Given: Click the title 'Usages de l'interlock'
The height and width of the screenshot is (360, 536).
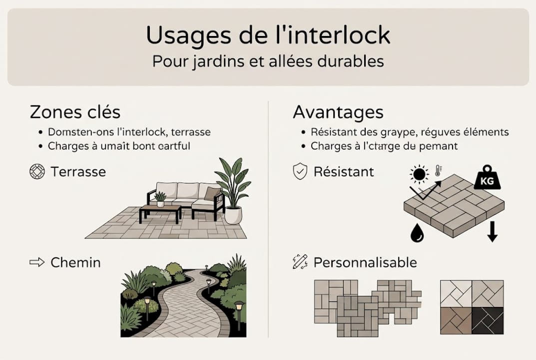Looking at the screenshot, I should pos(268,35).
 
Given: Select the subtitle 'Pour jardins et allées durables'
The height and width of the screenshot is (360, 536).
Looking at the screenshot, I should pos(268,61).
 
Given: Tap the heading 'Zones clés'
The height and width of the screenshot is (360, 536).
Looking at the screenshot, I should pos(75,111).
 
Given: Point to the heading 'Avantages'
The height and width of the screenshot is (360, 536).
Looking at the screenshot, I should pos(338,111).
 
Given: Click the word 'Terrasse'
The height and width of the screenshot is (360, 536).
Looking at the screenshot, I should pos(78,172).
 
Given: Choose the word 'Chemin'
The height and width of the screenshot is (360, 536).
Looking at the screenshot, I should pos(75,262).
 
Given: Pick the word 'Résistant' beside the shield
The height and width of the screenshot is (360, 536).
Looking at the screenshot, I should pos(344,172).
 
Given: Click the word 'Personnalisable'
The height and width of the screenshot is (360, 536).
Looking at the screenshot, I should pos(365,262).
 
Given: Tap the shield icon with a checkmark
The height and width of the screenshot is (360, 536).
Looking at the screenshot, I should pos(299,172).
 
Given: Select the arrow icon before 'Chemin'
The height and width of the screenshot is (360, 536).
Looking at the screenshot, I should pos(37,262).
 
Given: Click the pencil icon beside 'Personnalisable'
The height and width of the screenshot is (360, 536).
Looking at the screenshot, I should pos(300,261).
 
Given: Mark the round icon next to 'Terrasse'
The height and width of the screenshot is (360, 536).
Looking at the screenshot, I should pos(37,172).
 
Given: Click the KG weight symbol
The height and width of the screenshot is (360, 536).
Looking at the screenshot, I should pos(487,177).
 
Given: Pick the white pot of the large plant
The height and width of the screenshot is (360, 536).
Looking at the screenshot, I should pos(233,215).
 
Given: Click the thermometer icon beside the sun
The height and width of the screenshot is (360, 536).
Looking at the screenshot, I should pos(438,170).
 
